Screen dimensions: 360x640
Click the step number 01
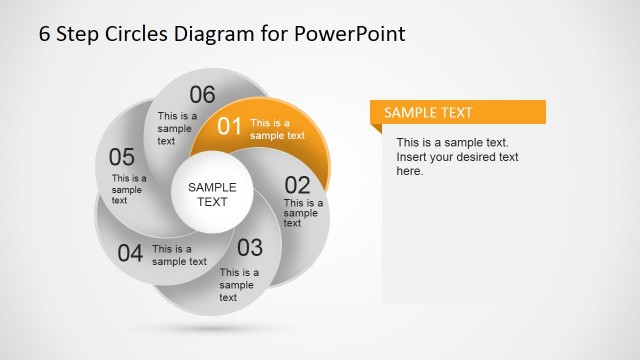click(230, 126)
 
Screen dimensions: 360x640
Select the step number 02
click(298, 185)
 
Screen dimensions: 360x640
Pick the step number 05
click(122, 157)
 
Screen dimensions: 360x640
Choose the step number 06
click(202, 95)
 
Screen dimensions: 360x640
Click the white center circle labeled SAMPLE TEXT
click(212, 194)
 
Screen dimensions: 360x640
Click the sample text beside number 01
click(277, 129)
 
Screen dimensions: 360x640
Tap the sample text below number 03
click(239, 284)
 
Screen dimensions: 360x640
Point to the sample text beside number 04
click(179, 255)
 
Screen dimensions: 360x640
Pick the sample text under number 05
click(129, 189)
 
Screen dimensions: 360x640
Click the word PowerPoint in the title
click(350, 34)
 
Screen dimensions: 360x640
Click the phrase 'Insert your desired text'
click(457, 157)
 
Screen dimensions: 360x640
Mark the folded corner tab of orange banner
click(376, 128)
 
